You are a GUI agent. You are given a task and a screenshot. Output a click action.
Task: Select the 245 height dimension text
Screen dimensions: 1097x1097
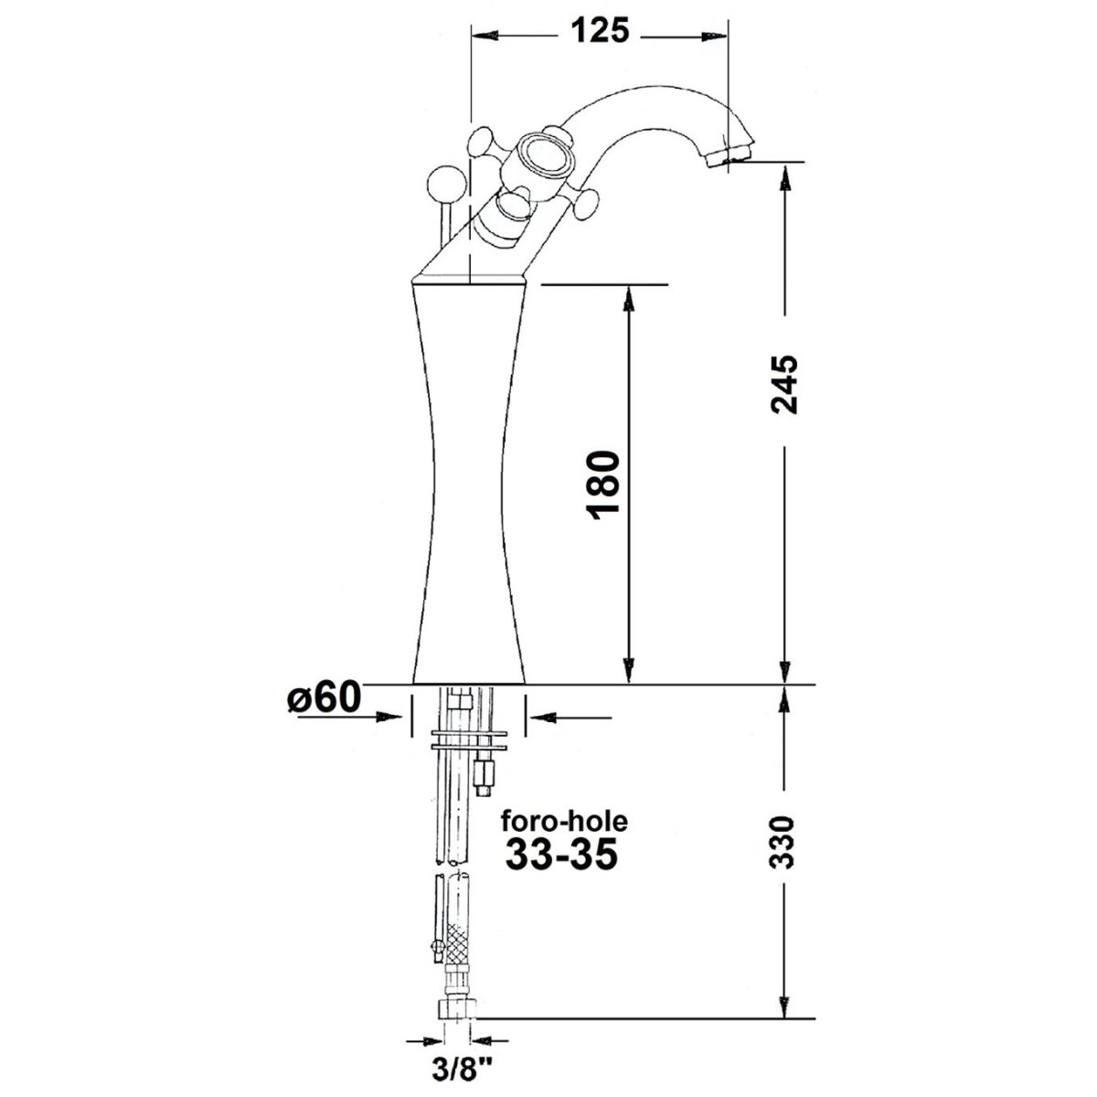(x=784, y=384)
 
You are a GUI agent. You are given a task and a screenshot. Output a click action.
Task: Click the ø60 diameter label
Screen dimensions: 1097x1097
(x=324, y=698)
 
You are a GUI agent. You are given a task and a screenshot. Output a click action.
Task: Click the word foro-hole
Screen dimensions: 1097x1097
(x=564, y=821)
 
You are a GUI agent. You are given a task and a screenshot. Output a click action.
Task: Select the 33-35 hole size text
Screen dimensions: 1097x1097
(x=561, y=856)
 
